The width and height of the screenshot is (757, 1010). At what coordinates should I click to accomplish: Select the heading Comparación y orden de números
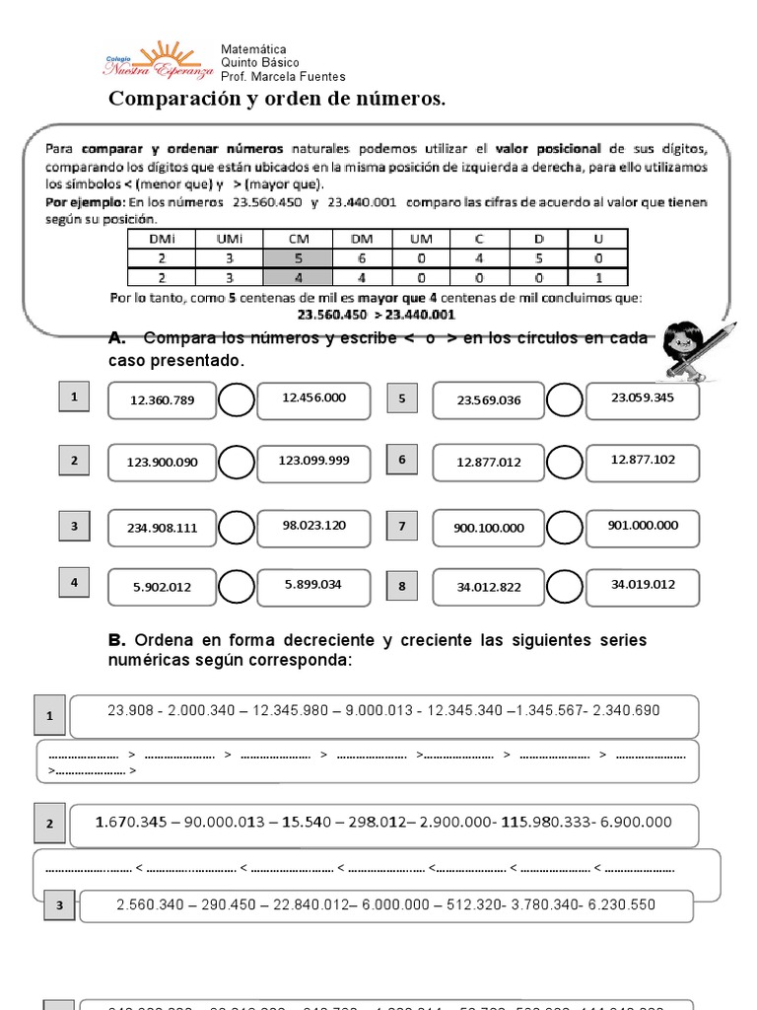[x=277, y=100]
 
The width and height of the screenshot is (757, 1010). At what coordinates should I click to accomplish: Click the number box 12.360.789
[x=162, y=401]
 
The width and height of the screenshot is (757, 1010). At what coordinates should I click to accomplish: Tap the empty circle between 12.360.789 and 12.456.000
[x=236, y=400]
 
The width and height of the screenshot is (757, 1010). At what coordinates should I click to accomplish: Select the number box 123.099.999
[x=313, y=461]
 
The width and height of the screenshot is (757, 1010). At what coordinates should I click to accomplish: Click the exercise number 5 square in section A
[x=401, y=398]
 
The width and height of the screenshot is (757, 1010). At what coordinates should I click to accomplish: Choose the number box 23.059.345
[x=642, y=398]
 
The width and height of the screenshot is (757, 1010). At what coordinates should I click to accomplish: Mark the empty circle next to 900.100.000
[x=565, y=527]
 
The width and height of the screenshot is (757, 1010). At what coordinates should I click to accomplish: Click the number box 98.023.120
[x=313, y=526]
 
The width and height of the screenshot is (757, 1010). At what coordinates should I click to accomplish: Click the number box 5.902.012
[x=162, y=587]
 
